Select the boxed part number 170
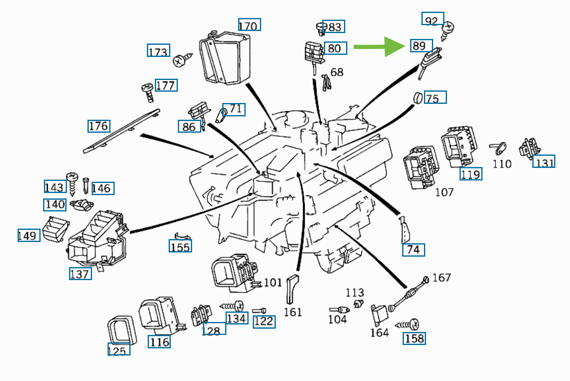click(249, 25)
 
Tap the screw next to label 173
click(180, 61)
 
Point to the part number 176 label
click(99, 126)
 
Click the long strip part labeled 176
click(121, 131)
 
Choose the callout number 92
click(432, 19)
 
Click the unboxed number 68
click(337, 72)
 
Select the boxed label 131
click(544, 162)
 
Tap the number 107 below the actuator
click(444, 192)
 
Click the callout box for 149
click(29, 235)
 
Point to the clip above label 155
click(182, 237)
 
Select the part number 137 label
click(80, 274)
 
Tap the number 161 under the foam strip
click(293, 312)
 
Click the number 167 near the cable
click(442, 278)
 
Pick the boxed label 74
click(413, 250)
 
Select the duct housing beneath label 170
click(226, 59)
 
